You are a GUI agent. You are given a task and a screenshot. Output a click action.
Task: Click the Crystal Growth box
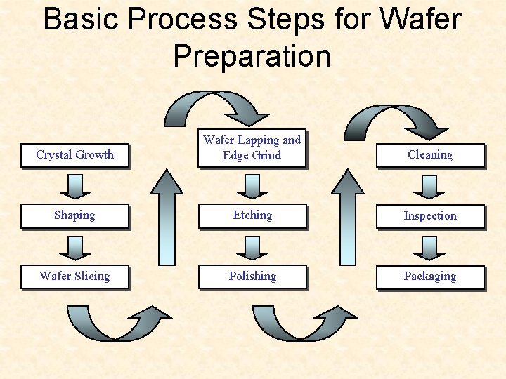tap(74, 155)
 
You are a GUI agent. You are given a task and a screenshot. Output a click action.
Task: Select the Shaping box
tap(74, 215)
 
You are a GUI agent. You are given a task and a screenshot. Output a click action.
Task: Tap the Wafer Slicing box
tap(74, 277)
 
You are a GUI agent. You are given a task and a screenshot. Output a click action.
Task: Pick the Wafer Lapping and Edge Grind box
tap(252, 147)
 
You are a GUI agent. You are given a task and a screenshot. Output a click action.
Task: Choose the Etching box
tap(252, 215)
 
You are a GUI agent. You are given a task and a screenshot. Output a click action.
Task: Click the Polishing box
tap(252, 277)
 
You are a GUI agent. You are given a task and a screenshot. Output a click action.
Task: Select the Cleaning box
tap(430, 155)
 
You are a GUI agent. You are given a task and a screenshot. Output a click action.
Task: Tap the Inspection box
tap(430, 216)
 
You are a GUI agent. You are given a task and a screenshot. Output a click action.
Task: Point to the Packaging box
tap(430, 277)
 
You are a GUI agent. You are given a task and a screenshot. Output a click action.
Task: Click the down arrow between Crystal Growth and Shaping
tap(74, 185)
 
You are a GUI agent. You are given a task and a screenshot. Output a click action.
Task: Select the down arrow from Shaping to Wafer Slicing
tap(74, 246)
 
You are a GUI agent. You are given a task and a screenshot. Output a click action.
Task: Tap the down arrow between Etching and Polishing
tap(252, 246)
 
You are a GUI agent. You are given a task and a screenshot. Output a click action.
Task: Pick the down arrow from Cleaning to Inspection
tap(430, 185)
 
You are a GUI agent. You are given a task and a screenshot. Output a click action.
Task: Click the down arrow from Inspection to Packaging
tap(430, 246)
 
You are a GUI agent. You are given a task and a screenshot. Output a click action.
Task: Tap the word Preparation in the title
tap(252, 55)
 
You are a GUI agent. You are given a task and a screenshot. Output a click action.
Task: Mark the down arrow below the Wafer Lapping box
tap(252, 185)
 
